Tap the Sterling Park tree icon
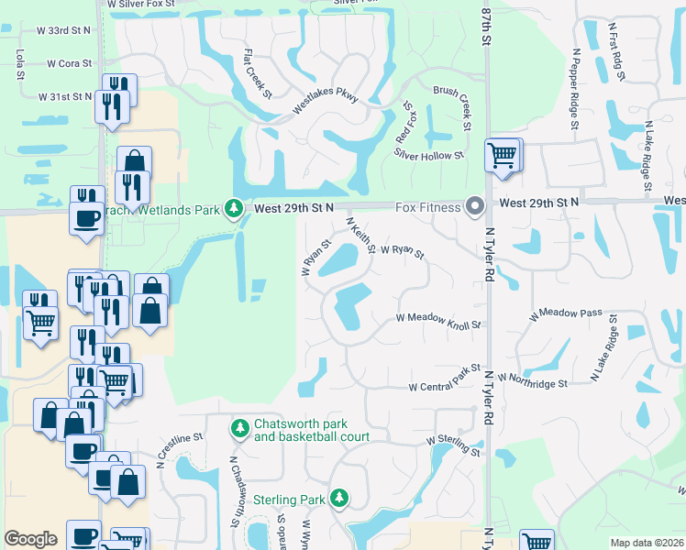(339, 498)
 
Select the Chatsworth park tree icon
(239, 428)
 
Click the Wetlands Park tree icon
(235, 209)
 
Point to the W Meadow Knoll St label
(438, 320)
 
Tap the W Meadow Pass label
(566, 313)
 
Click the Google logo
(30, 539)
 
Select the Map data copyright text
(646, 543)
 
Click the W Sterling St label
(453, 445)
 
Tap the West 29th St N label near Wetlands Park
(293, 209)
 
